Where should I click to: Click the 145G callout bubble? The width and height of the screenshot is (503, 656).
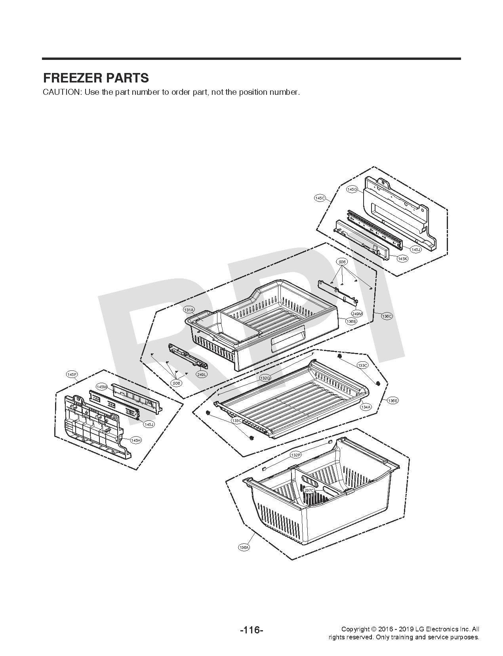click(x=352, y=190)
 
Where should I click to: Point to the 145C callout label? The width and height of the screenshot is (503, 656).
click(x=320, y=198)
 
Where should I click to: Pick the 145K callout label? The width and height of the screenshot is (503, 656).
click(x=402, y=258)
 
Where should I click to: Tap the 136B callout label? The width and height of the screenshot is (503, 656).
click(x=351, y=321)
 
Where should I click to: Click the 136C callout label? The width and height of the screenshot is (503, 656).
click(x=387, y=316)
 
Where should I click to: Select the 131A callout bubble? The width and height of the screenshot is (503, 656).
click(x=189, y=310)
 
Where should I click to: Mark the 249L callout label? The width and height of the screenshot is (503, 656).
click(x=202, y=374)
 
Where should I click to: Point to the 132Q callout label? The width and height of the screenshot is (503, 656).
click(x=265, y=378)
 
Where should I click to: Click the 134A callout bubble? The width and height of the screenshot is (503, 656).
click(x=366, y=407)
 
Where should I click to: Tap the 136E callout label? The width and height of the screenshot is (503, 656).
click(x=392, y=401)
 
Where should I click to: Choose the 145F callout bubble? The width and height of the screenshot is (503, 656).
click(x=72, y=374)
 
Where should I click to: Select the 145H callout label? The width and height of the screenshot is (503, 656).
click(x=136, y=440)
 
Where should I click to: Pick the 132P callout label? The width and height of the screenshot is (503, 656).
click(x=295, y=455)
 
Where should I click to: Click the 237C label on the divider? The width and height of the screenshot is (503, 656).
click(x=309, y=490)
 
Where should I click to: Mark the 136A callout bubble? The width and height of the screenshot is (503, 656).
click(x=244, y=547)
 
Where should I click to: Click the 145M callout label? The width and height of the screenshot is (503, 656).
click(x=102, y=386)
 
